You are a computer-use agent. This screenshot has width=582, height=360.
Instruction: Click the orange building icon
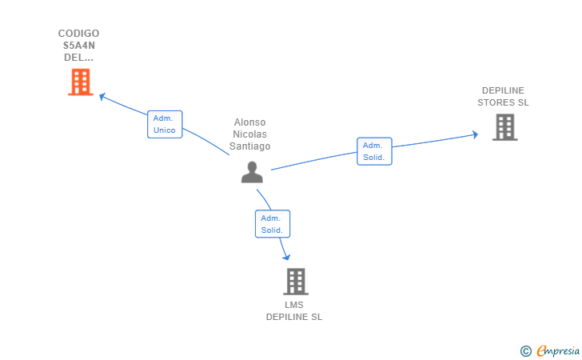[80, 82]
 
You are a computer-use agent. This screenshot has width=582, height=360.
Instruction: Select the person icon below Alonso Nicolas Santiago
[252, 172]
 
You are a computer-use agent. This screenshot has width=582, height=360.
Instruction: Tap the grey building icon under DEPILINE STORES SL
[504, 127]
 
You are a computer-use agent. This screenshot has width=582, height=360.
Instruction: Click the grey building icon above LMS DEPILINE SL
[295, 282]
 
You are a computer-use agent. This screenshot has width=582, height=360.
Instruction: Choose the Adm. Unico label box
[165, 124]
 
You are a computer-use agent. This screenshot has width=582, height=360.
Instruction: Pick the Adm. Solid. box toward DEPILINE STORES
[374, 151]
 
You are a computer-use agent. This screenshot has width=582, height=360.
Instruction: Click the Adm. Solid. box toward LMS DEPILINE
[272, 224]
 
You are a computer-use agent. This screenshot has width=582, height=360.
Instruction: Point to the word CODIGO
[79, 34]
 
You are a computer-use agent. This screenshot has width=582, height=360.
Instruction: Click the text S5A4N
[79, 46]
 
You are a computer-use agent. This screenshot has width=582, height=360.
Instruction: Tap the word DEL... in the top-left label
[79, 58]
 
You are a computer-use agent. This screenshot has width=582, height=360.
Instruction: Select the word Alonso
[249, 122]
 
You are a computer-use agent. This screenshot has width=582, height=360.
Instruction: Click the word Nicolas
[249, 134]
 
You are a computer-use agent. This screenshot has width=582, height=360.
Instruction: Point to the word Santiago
[249, 146]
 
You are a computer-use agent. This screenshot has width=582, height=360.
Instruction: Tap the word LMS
[294, 305]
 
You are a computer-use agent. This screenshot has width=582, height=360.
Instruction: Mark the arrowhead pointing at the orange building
[102, 96]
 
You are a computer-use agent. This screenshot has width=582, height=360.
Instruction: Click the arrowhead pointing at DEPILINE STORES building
[474, 134]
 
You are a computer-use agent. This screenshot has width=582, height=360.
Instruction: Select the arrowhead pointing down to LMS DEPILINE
[285, 256]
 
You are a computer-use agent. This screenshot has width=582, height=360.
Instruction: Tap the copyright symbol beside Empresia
[525, 350]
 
